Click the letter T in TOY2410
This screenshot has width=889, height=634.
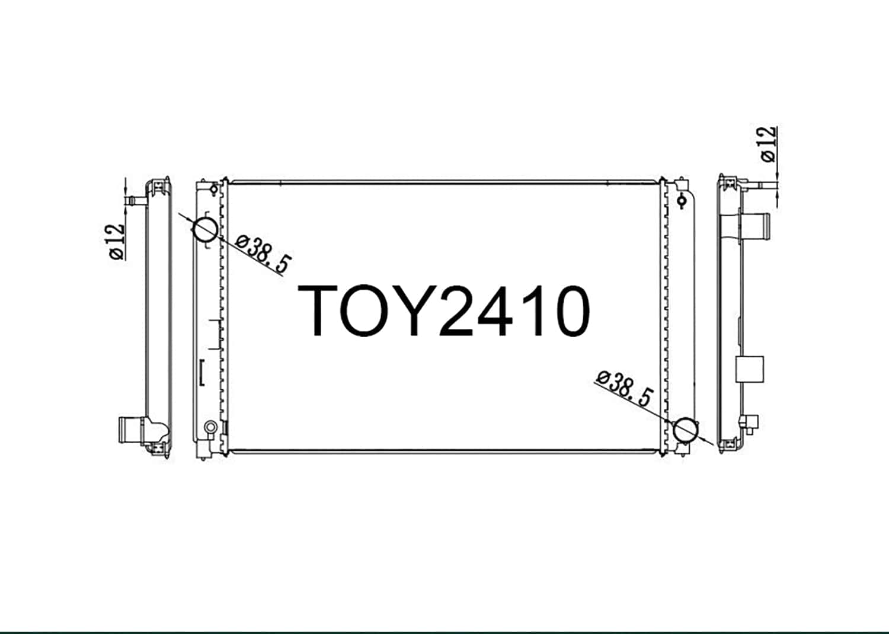pos(324,310)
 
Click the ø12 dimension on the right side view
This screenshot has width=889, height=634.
pos(768,143)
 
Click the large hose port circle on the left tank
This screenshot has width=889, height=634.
pos(206,229)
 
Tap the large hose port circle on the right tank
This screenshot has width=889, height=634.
pos(686,430)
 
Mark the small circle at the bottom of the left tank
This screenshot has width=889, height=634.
pos(210,427)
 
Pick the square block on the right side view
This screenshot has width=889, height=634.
pos(749,369)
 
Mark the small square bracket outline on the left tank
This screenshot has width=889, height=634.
pos(202,372)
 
